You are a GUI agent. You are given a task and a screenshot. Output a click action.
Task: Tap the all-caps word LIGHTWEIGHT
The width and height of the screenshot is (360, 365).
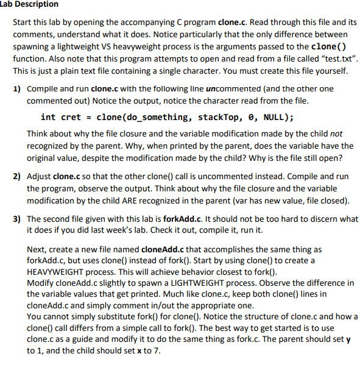click(x=174, y=282)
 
